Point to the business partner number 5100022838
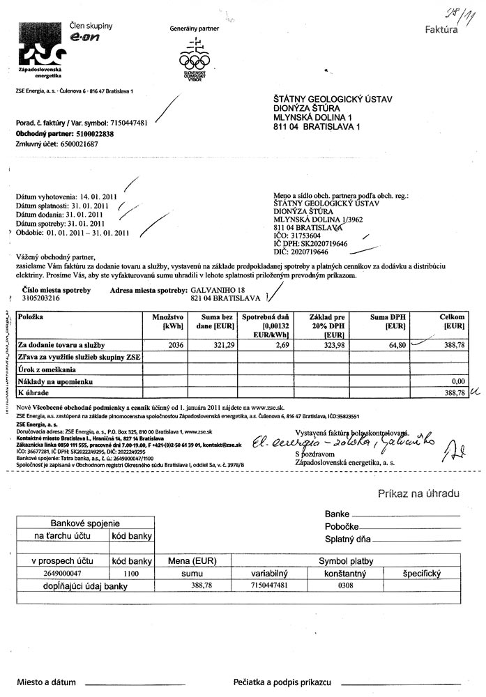91,133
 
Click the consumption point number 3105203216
42,297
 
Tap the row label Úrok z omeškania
47,369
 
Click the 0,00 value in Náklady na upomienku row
457,382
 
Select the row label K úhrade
31,394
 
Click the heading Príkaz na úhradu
418,493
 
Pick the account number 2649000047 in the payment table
63,572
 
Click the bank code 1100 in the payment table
131,572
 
